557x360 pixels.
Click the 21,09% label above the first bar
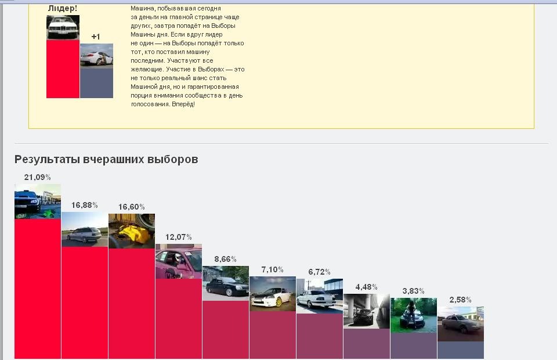[x=37, y=177]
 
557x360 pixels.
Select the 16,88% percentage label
[x=85, y=205]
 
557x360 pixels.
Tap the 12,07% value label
[x=178, y=237]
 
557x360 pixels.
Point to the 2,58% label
[x=460, y=300]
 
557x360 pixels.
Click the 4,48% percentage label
[x=367, y=287]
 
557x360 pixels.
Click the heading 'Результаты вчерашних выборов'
[x=106, y=159]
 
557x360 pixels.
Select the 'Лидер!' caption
[x=63, y=9]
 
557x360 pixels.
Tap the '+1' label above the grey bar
[x=96, y=37]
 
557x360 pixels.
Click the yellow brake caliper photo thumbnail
[x=132, y=231]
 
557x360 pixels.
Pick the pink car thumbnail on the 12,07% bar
[x=179, y=261]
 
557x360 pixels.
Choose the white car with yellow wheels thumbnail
[x=273, y=294]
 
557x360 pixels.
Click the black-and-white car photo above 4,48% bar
[x=367, y=311]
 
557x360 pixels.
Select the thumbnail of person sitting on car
[x=414, y=315]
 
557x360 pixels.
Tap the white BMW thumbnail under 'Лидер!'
[x=63, y=27]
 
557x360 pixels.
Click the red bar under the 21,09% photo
[x=38, y=289]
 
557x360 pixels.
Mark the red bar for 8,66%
[x=226, y=330]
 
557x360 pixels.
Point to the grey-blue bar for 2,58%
[x=461, y=350]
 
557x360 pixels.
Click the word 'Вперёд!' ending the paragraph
[x=183, y=104]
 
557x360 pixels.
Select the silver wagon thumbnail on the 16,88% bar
[x=85, y=229]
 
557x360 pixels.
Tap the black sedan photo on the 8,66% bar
[x=226, y=283]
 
